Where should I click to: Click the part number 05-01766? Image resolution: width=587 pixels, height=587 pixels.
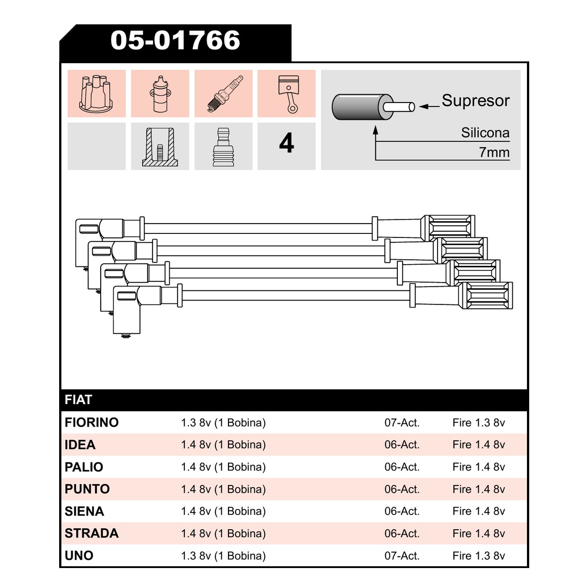175,40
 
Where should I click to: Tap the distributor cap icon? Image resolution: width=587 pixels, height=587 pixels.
96,93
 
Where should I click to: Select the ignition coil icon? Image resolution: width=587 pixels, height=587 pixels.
160,93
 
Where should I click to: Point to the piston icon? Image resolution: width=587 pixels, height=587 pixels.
288,94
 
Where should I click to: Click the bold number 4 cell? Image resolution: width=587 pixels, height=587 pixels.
286,143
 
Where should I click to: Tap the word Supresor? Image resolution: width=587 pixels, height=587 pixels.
475,101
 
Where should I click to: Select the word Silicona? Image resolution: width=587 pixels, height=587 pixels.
485,133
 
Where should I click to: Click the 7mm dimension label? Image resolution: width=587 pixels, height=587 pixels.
494,152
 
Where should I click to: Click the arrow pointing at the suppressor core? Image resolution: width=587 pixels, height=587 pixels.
429,106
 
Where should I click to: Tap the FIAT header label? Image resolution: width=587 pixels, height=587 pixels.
78,400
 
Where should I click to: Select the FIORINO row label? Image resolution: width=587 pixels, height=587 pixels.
91,423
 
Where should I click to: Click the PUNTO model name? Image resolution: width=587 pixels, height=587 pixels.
87,489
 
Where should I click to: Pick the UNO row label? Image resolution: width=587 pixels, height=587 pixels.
79,556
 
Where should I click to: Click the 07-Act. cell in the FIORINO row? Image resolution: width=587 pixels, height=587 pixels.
402,423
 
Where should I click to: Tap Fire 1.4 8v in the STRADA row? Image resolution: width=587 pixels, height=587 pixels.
479,533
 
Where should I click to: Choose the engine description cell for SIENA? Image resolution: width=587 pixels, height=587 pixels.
223,511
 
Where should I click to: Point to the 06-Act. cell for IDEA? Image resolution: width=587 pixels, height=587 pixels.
402,445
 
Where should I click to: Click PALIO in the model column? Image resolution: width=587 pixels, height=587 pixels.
84,467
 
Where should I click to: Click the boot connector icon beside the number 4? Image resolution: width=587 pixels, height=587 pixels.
223,147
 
